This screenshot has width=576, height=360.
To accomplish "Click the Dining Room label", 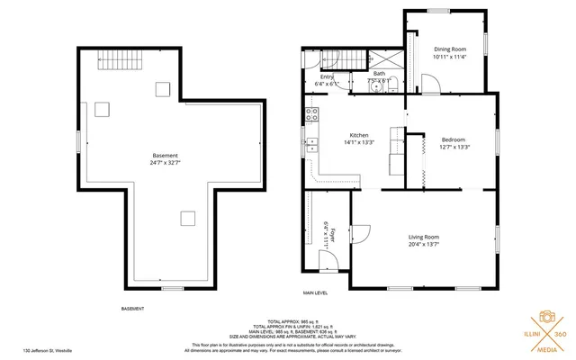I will [x=450, y=49].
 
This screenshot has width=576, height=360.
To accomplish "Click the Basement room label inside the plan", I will [x=165, y=155].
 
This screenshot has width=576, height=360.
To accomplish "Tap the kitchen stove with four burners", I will [x=311, y=114].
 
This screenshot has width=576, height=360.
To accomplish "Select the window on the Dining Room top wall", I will [x=437, y=11].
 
